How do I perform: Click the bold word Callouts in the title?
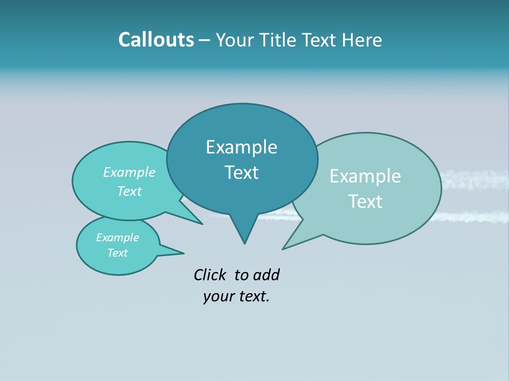[156, 40]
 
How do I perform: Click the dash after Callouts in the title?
[204, 40]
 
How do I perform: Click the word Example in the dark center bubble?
[241, 147]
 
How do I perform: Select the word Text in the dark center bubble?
[241, 173]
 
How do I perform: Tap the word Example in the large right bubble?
[365, 176]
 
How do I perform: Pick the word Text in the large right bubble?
[365, 202]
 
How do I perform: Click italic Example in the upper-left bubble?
[129, 173]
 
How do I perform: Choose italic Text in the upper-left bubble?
[129, 191]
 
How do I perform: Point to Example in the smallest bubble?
[117, 238]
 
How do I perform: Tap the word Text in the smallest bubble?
[117, 253]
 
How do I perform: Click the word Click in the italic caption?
[210, 275]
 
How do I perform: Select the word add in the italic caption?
[266, 275]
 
